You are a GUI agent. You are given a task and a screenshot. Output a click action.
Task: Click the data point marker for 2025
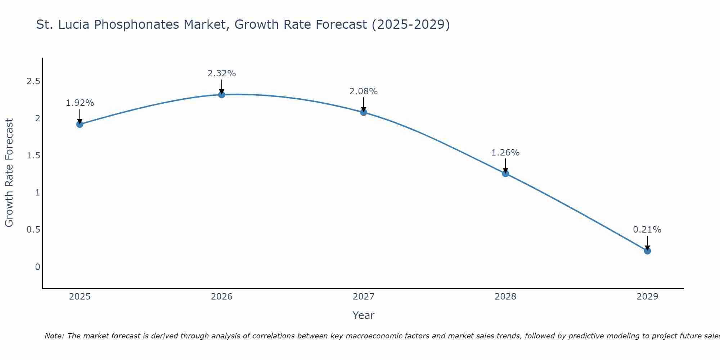pos(80,124)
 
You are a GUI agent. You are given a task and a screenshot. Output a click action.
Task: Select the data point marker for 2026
pos(222,95)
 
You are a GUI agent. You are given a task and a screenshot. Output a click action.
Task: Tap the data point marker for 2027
pos(364,112)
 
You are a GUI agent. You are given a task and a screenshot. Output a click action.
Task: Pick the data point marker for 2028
pos(505,174)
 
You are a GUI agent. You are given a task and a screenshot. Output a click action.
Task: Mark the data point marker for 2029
pos(647,251)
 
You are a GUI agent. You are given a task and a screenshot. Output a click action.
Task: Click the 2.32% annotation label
pos(222,73)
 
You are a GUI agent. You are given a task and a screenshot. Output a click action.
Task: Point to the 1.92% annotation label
pos(80,103)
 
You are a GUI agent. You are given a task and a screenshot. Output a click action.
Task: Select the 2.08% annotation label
pos(364,91)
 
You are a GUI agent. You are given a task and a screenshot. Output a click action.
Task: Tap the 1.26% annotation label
pos(505,153)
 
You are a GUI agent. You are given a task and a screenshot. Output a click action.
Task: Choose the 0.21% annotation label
pos(647,230)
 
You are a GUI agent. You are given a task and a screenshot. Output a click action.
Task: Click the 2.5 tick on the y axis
pos(33,81)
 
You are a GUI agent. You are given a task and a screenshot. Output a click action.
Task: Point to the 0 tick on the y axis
pos(37,267)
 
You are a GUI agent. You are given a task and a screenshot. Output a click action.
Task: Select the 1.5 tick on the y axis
pos(33,156)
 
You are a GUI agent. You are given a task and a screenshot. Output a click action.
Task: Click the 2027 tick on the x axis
pos(364,297)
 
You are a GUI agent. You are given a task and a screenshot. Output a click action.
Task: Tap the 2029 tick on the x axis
pos(647,297)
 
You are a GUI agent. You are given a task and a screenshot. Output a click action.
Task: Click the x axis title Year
pos(364,315)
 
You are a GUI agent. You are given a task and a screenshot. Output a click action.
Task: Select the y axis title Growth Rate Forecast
pos(9,173)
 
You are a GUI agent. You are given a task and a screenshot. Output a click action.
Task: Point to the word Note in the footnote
pos(54,336)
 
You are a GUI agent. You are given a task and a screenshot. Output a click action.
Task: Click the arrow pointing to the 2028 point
pos(505,166)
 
